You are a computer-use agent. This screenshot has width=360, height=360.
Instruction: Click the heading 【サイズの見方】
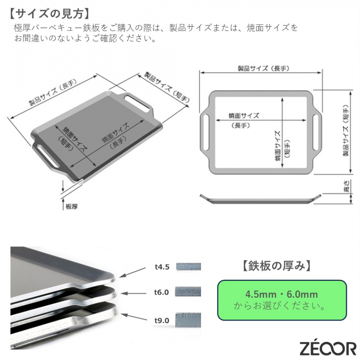(49, 13)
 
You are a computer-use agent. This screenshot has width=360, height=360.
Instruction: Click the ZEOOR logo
(328, 348)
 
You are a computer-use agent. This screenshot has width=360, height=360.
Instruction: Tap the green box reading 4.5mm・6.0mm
(282, 300)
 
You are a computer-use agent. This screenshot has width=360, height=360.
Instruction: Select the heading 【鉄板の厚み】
(277, 265)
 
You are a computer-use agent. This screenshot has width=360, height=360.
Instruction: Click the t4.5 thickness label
(162, 267)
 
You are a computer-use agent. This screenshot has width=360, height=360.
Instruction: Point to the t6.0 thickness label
(162, 292)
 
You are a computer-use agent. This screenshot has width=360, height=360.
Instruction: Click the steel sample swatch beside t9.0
(188, 320)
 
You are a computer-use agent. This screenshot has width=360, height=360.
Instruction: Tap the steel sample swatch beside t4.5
(189, 267)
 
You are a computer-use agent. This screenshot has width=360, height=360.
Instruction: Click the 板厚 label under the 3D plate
(72, 207)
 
